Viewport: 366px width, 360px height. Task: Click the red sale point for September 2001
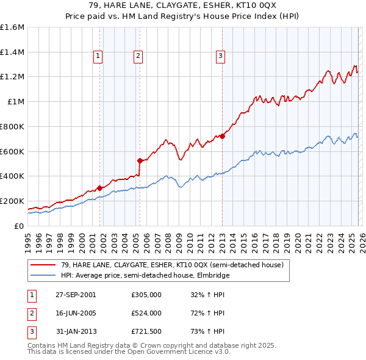coord(99,188)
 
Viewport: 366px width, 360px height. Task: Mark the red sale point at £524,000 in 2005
coord(140,161)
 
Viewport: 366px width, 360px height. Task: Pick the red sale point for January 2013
coord(222,136)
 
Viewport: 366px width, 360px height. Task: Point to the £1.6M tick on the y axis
coord(12,27)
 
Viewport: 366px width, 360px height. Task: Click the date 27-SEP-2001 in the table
coord(76,294)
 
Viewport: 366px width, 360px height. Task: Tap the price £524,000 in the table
coord(146,313)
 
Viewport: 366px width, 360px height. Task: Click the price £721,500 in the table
coord(146,332)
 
